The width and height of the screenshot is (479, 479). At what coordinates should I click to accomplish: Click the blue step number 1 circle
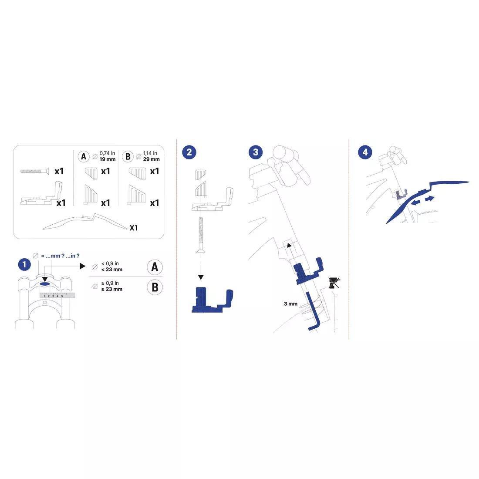pyautogui.click(x=24, y=265)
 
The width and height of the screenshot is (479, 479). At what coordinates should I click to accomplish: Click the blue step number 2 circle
pyautogui.click(x=189, y=152)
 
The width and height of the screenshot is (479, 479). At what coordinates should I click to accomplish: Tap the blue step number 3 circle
pyautogui.click(x=256, y=152)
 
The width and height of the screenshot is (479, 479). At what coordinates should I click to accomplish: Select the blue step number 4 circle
pyautogui.click(x=365, y=152)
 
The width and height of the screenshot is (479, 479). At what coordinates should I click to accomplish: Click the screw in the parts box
pyautogui.click(x=34, y=171)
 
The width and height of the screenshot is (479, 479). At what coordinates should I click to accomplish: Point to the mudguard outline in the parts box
pyautogui.click(x=85, y=222)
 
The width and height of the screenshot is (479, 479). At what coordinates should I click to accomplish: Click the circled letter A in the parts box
pyautogui.click(x=84, y=157)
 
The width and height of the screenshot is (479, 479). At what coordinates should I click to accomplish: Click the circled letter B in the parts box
pyautogui.click(x=128, y=157)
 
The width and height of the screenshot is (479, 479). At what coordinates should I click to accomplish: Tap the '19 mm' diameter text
pyautogui.click(x=108, y=159)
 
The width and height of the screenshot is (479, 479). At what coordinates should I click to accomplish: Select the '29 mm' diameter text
pyautogui.click(x=151, y=159)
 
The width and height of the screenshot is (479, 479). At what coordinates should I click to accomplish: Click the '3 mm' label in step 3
pyautogui.click(x=290, y=304)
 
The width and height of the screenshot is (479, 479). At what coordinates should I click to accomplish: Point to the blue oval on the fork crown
pyautogui.click(x=44, y=284)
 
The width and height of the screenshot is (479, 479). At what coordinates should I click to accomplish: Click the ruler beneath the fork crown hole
pyautogui.click(x=57, y=295)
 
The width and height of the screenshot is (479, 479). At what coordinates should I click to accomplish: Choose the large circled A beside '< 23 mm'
pyautogui.click(x=155, y=267)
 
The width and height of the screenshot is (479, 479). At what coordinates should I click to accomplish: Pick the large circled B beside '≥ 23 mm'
pyautogui.click(x=155, y=287)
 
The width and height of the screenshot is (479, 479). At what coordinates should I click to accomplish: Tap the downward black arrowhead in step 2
pyautogui.click(x=201, y=277)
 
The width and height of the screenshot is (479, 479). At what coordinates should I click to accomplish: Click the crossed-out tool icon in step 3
pyautogui.click(x=334, y=283)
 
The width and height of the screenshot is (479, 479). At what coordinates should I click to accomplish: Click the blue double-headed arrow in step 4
pyautogui.click(x=422, y=201)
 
